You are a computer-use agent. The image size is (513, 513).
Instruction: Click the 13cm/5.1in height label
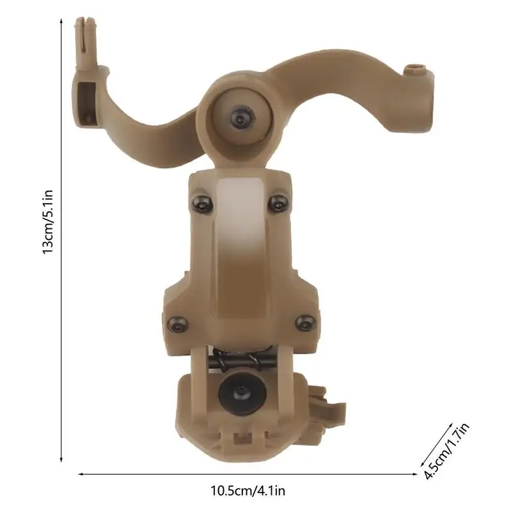47,222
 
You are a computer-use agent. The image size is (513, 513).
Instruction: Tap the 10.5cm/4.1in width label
248,491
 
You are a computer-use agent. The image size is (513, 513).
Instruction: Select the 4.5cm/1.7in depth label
446,451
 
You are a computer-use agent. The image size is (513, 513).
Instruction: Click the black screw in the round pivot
242,115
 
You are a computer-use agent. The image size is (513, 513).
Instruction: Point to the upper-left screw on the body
201,203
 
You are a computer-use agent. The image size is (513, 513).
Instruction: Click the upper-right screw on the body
278,203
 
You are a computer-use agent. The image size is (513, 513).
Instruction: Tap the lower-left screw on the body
178,324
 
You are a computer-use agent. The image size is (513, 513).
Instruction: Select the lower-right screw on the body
305,323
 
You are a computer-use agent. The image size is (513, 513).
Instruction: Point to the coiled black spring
236,360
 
